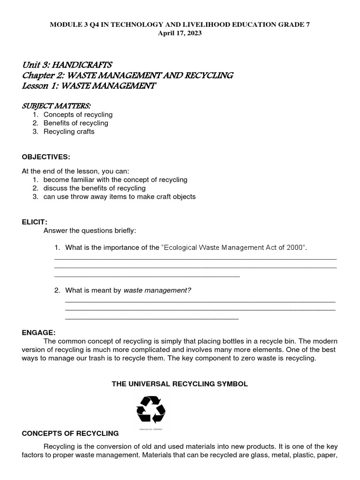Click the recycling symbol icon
pyautogui.click(x=150, y=410)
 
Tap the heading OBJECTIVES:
pyautogui.click(x=46, y=156)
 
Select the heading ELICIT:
pyautogui.click(x=35, y=222)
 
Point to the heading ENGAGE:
pyautogui.click(x=38, y=332)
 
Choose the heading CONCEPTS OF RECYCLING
pyautogui.click(x=70, y=434)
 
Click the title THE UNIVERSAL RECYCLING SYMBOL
pyautogui.click(x=180, y=384)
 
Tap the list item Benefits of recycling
pyautogui.click(x=76, y=123)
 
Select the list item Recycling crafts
pyautogui.click(x=69, y=132)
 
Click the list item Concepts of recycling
pyautogui.click(x=78, y=115)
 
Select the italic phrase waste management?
pyautogui.click(x=157, y=291)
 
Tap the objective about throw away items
pyautogui.click(x=120, y=197)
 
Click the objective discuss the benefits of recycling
pyautogui.click(x=95, y=188)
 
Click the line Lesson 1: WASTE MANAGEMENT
pyautogui.click(x=89, y=86)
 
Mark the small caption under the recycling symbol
pyautogui.click(x=150, y=428)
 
